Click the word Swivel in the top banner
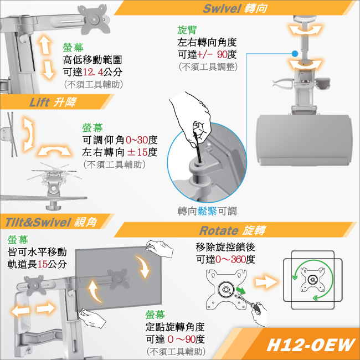click(x=222, y=8)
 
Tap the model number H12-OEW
click(x=311, y=345)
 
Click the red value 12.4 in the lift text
click(x=92, y=72)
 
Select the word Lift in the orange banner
click(x=39, y=102)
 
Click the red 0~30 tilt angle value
click(x=137, y=140)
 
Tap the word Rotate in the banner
click(x=219, y=230)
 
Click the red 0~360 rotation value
click(x=230, y=259)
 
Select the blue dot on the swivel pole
click(x=295, y=54)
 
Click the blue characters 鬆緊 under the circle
click(x=207, y=211)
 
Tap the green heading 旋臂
click(x=187, y=30)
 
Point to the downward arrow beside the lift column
click(x=48, y=70)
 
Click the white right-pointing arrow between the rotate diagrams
click(x=266, y=282)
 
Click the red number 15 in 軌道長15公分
click(x=43, y=264)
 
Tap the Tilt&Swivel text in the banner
click(x=38, y=222)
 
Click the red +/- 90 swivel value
click(x=212, y=54)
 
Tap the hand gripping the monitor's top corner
click(x=159, y=249)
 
